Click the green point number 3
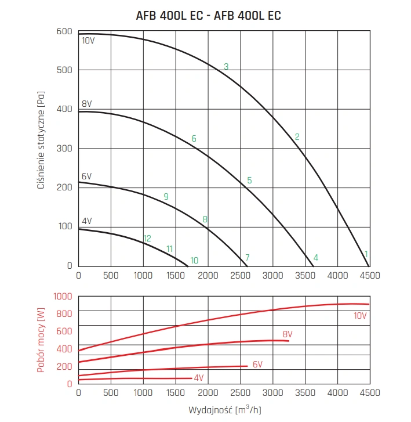point(226,67)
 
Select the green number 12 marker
point(147,239)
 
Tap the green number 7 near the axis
point(247,257)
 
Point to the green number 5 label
point(249,180)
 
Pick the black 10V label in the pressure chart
point(88,41)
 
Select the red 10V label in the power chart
point(360,316)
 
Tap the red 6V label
point(258,365)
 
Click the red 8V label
point(287,334)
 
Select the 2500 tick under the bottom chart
point(240,392)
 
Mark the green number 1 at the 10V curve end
point(366,254)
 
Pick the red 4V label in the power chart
point(199,378)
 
